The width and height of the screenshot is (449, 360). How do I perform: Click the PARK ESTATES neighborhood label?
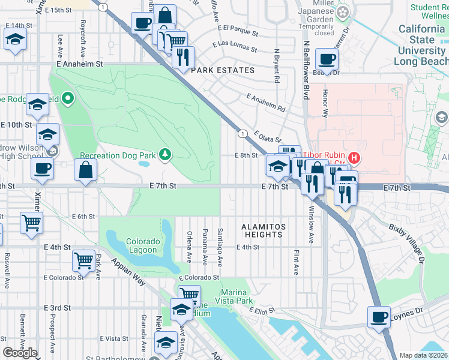(x=223, y=70)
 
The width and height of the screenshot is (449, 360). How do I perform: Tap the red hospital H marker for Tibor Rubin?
(x=355, y=158)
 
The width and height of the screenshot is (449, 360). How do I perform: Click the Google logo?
(x=20, y=353)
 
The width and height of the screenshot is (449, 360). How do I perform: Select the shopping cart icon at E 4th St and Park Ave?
(x=83, y=260)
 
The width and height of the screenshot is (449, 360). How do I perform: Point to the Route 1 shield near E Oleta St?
(x=243, y=133)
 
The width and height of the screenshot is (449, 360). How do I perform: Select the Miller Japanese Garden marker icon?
(x=343, y=12)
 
